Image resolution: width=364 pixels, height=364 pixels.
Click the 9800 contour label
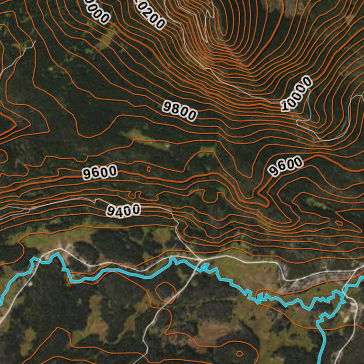pos(180,110)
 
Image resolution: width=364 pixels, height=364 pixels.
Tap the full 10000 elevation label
pos(297,93)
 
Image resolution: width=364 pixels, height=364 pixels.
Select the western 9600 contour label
pos(100,172)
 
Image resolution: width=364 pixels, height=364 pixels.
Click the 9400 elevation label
pos(123,209)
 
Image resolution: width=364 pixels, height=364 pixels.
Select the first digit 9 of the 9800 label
pos(167,106)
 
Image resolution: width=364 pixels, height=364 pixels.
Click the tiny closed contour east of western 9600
pos(149,169)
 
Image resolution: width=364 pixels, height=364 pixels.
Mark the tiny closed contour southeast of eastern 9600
pos(338,222)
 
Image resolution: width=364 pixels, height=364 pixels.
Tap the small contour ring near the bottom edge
pos(239,353)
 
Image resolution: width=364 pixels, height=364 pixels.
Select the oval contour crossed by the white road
pos(165,291)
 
